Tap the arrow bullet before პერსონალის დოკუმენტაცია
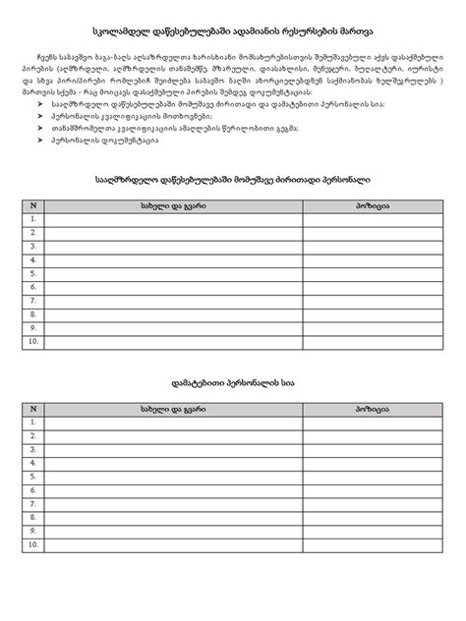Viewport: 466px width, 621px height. coord(40,141)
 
